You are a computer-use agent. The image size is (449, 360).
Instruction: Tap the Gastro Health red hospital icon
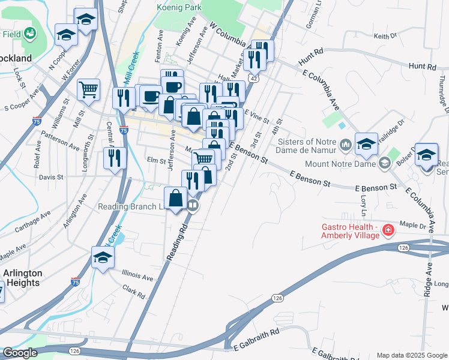click(388, 230)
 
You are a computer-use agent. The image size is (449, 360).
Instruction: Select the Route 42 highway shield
click(255, 78)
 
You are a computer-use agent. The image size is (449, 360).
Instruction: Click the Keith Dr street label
click(385, 36)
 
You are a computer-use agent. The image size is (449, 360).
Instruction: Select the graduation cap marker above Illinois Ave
click(103, 258)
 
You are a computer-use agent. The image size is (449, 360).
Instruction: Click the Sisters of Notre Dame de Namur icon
click(345, 145)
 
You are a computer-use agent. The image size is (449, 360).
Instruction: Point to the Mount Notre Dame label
click(340, 163)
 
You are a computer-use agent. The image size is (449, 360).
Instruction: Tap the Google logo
click(20, 353)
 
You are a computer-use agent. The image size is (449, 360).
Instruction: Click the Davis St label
click(51, 177)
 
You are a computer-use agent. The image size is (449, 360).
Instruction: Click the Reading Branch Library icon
click(193, 206)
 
